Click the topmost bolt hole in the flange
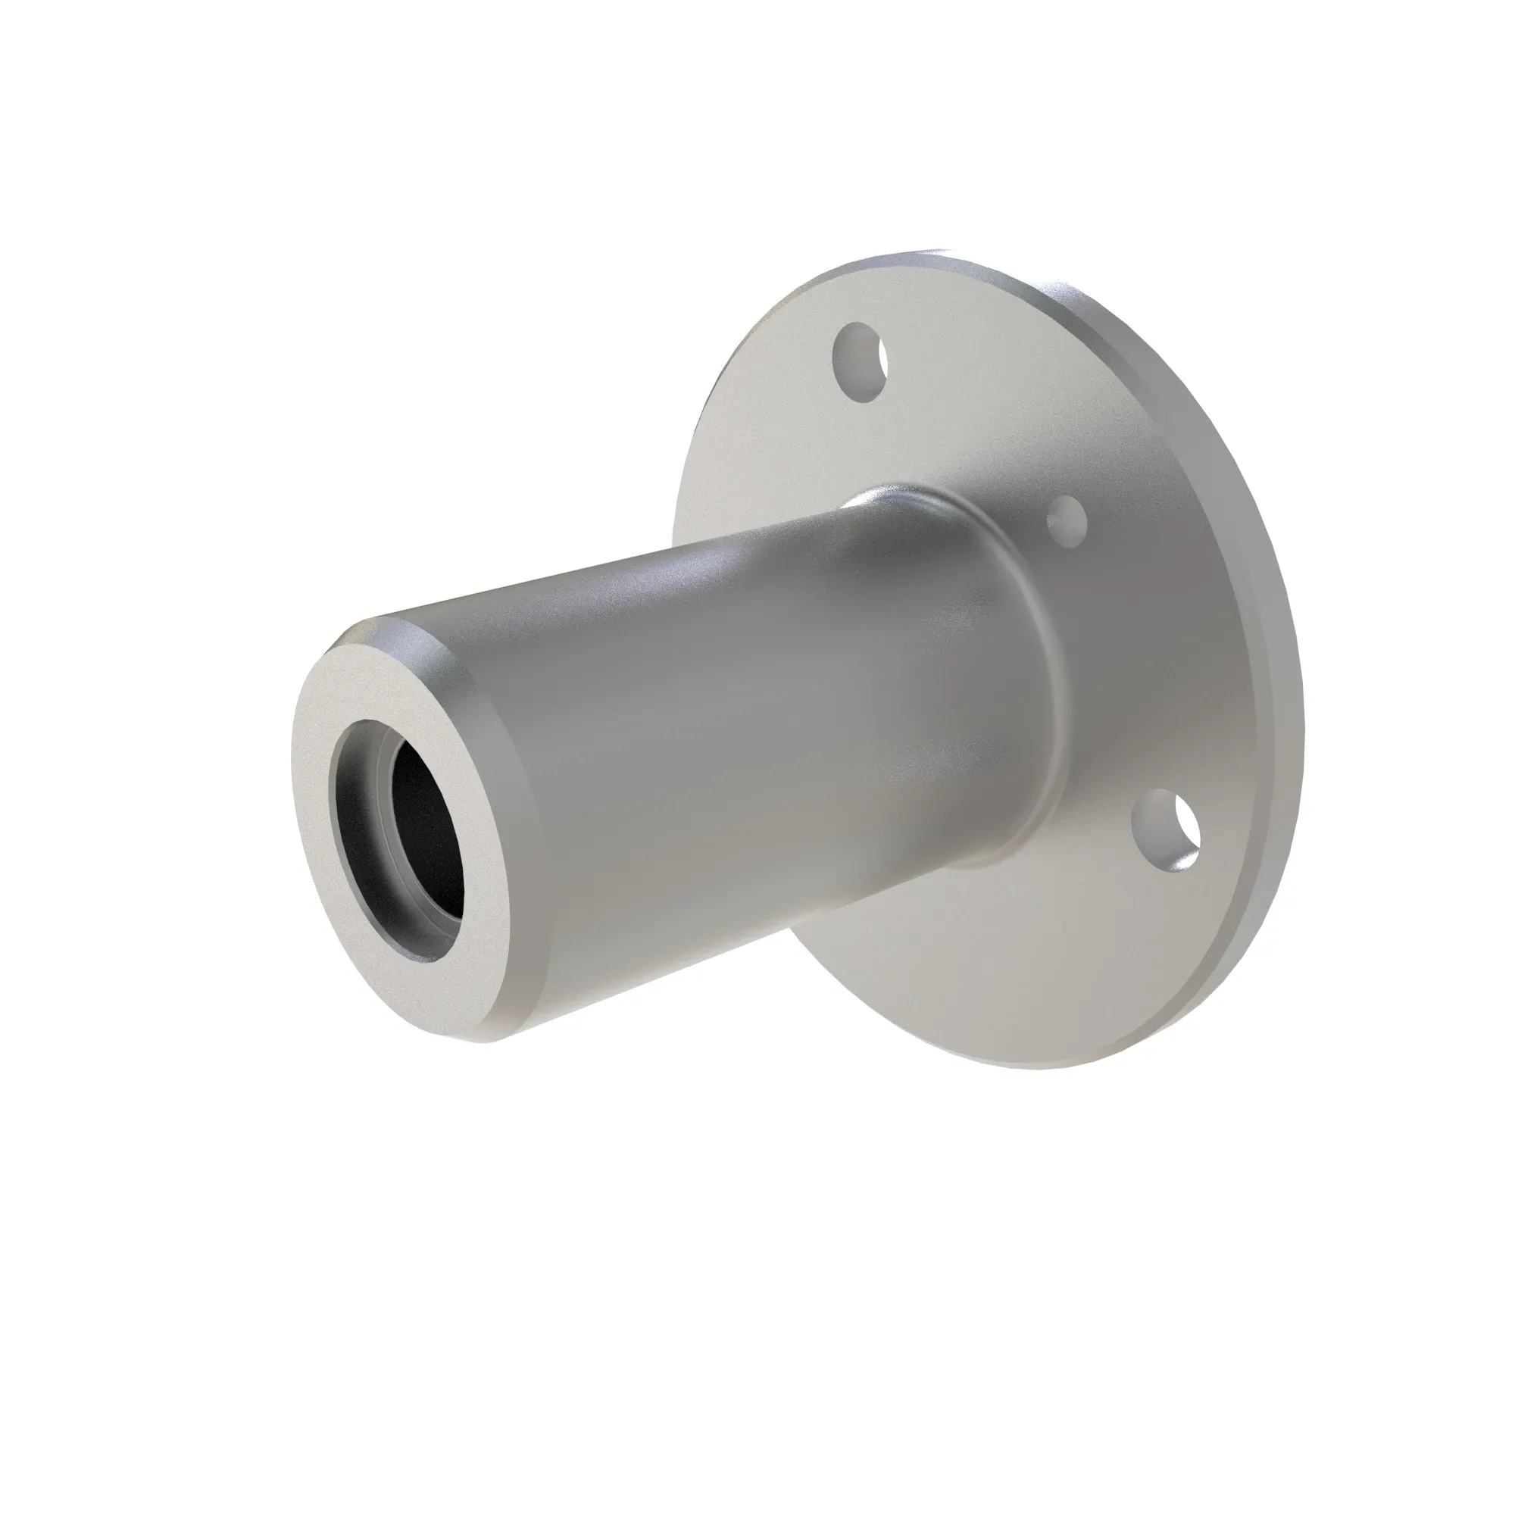coord(861,362)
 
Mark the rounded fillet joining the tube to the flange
coord(1043,667)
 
